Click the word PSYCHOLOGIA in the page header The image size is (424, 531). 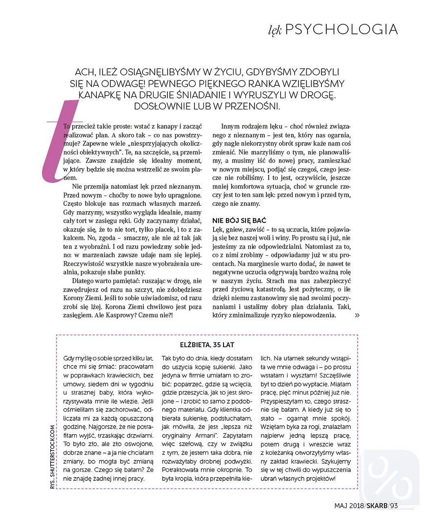[x=341, y=29]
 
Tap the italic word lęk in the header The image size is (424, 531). [x=275, y=31]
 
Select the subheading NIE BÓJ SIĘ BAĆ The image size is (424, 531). [x=239, y=221]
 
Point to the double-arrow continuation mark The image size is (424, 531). [x=357, y=315]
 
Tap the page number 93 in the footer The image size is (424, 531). [x=393, y=506]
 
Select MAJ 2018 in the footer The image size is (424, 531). [x=349, y=506]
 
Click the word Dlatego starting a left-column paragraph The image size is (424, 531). [x=83, y=281]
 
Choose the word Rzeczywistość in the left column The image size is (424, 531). [x=85, y=263]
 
